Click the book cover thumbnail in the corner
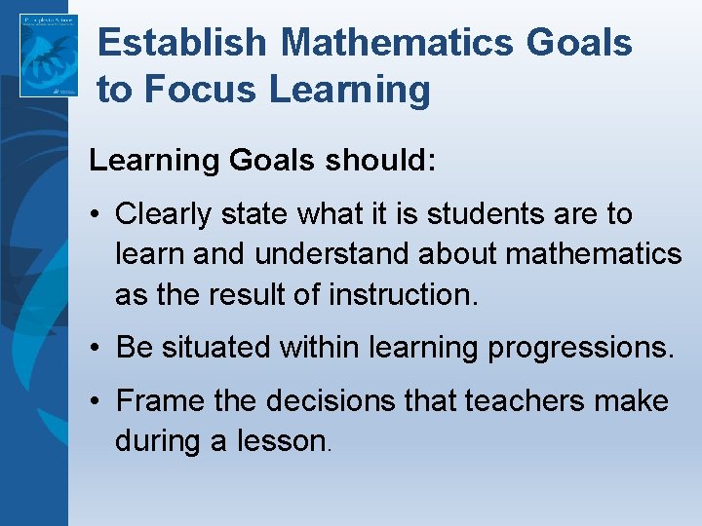pos(48,55)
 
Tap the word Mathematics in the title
pos(396,43)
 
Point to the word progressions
pos(584,347)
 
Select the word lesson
pos(283,440)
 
